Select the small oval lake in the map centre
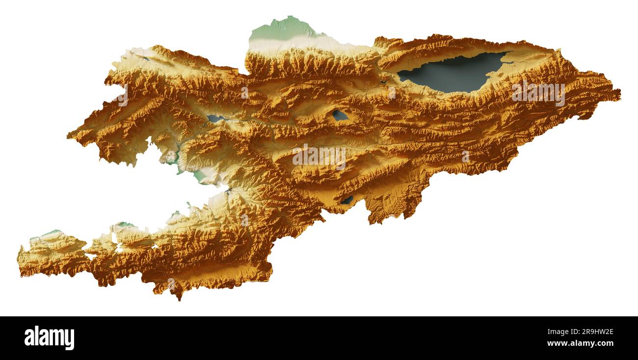(340, 115)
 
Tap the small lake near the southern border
(347, 200)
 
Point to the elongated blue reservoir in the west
(215, 119)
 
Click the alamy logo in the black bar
(49, 338)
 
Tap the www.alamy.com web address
(580, 343)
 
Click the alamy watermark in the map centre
(319, 156)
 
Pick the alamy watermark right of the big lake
(538, 93)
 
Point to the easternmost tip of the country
(619, 92)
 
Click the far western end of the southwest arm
(20, 260)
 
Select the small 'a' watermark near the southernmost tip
(171, 284)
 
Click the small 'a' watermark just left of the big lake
(391, 92)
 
